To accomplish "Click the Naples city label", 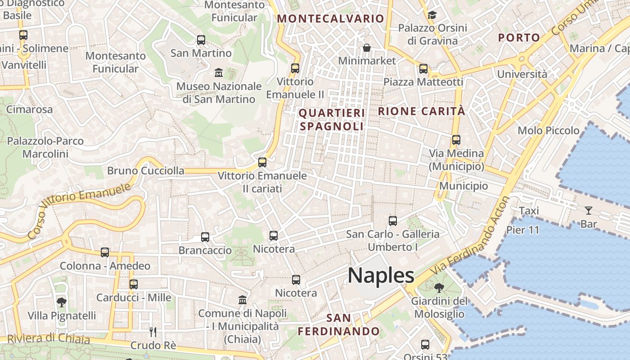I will tap(381, 275).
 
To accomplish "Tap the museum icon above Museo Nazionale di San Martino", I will tap(219, 72).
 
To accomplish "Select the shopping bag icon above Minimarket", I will tap(367, 48).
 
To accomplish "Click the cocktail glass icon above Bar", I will tap(588, 210).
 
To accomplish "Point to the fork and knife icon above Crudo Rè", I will tap(153, 332).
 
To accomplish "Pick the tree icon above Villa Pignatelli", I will tap(62, 302).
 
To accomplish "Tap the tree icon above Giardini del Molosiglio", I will tap(439, 288).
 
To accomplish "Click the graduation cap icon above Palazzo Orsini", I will tap(432, 15).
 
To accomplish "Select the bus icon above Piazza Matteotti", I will tap(423, 69).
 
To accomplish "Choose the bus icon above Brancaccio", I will tap(205, 237).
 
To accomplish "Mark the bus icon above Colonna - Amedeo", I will tap(105, 252).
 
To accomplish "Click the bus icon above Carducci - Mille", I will tap(134, 284).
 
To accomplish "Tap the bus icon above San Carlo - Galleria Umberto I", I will tap(393, 221).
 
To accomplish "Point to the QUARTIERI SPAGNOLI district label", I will tap(332, 120).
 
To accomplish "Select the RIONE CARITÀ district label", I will tap(422, 111).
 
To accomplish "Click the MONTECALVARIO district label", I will tap(331, 19).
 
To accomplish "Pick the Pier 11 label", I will tap(522, 229).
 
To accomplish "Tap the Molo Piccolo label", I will tap(549, 130).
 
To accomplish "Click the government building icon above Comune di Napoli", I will tap(243, 300).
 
